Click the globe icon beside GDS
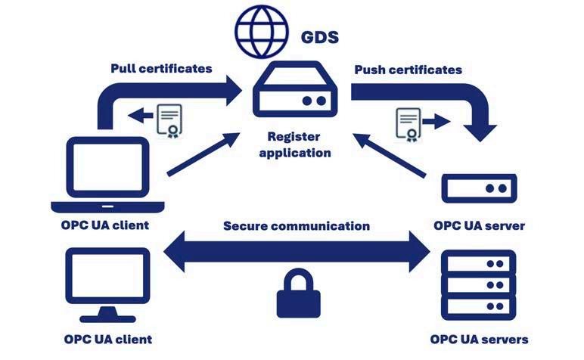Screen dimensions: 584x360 [x=262, y=31]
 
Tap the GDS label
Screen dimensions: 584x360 [x=319, y=37]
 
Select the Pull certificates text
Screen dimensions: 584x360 [x=161, y=69]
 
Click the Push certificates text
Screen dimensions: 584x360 [x=408, y=70]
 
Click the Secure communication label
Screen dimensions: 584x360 [x=297, y=226]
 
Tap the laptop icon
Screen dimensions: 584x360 [x=107, y=175]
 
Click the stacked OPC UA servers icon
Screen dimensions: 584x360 [x=479, y=285]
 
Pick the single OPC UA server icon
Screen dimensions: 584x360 [x=479, y=188]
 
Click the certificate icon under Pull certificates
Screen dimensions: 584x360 [x=169, y=120]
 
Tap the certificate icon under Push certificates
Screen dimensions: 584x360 [x=408, y=125]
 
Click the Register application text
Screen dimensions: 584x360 [x=294, y=144]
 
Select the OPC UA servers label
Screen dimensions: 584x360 [x=479, y=340]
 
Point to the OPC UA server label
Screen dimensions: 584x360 [x=479, y=225]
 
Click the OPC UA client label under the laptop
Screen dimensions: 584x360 [x=105, y=225]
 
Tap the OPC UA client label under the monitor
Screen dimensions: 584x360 [x=108, y=340]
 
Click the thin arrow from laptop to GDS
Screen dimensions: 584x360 [x=203, y=154]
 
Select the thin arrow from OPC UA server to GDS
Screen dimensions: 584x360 [x=390, y=155]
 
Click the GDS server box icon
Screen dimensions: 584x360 [x=295, y=89]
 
